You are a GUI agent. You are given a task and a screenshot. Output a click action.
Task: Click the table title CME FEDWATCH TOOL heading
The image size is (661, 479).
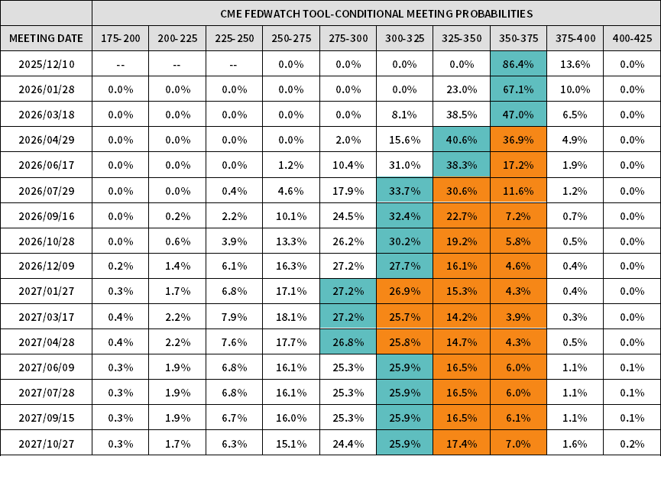376,14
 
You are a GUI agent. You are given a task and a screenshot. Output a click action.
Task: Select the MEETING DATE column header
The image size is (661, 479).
46,39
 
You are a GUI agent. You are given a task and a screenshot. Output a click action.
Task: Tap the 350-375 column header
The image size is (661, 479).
518,39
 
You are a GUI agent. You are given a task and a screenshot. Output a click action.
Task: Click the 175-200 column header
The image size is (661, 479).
121,39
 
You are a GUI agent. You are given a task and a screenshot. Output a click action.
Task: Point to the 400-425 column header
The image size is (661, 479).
632,39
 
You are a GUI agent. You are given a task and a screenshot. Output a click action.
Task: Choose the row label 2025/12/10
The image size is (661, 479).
46,64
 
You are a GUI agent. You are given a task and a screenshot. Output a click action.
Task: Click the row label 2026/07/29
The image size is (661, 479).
46,191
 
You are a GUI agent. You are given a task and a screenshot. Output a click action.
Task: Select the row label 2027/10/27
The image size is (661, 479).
46,443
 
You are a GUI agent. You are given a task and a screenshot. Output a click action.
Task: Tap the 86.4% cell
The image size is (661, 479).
518,64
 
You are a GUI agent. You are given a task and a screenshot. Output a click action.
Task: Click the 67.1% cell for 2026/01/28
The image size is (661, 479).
518,89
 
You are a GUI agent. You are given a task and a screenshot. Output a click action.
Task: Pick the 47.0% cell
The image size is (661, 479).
518,115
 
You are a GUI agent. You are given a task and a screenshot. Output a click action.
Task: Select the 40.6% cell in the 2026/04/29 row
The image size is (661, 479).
462,140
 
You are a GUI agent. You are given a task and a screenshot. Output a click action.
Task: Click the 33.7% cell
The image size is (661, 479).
405,191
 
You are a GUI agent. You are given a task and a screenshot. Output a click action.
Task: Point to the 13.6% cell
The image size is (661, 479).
575,64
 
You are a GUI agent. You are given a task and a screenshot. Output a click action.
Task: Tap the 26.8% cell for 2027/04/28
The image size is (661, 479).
348,341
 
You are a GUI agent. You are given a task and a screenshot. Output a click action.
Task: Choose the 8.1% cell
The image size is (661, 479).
405,115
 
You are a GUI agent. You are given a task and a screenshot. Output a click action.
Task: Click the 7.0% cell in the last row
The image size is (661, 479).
518,443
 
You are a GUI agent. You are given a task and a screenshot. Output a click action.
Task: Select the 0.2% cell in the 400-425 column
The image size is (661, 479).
632,443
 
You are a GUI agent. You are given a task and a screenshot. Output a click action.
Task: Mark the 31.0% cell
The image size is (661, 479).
405,165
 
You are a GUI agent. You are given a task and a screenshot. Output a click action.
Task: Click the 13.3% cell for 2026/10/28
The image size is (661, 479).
291,241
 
